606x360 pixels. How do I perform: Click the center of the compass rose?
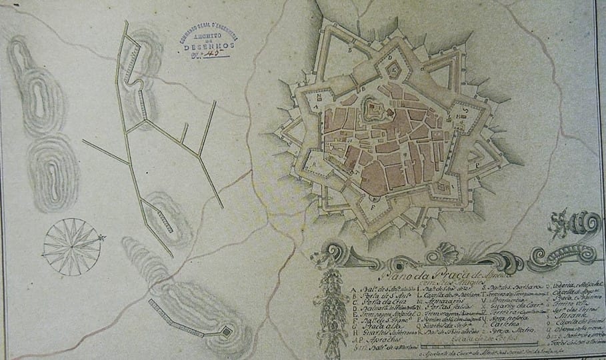(x=71, y=247)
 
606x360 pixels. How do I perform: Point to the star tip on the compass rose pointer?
(x=103, y=237)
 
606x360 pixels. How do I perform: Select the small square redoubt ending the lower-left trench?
(x=227, y=331)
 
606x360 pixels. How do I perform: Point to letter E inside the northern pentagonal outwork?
(x=393, y=69)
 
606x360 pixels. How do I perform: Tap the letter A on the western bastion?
(x=314, y=106)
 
